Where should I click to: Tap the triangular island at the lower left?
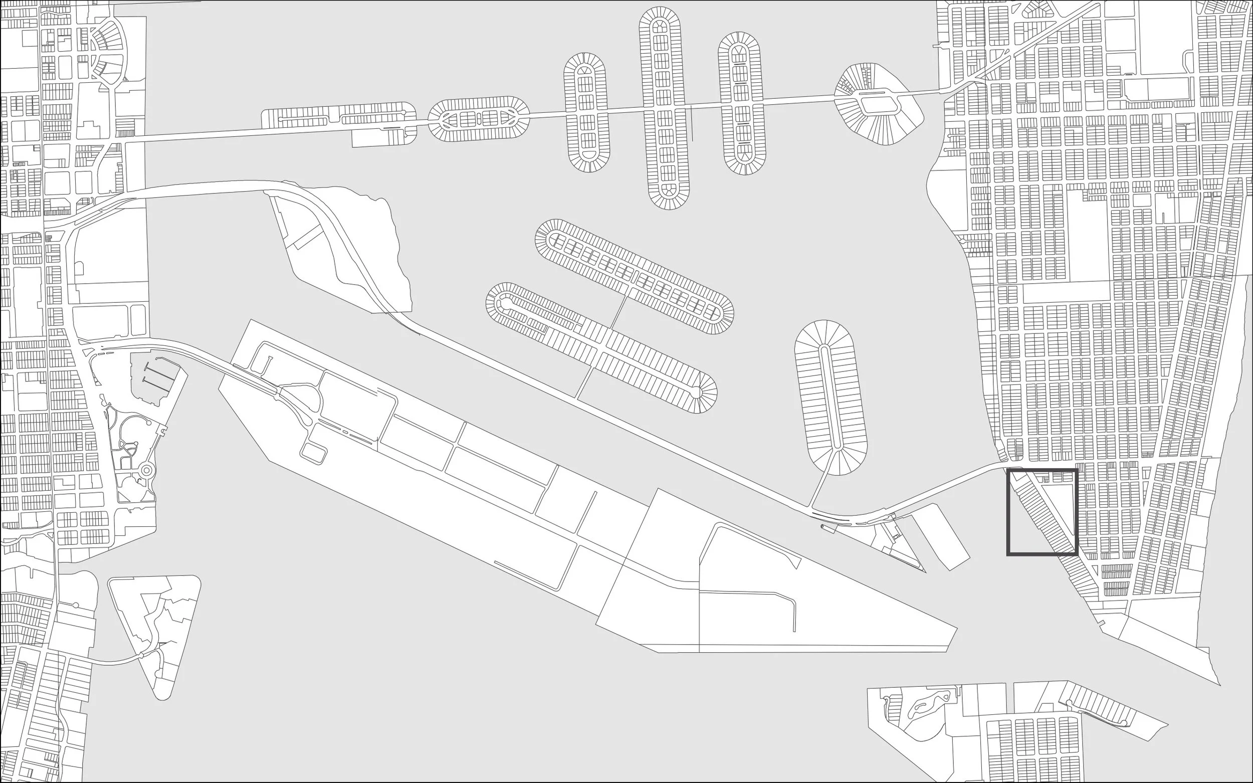coord(155,622)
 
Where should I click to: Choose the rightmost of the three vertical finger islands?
coord(742,104)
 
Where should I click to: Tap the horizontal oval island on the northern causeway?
coord(479,119)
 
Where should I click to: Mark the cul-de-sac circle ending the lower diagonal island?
coord(696,393)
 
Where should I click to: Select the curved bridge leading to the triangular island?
coord(114,662)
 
